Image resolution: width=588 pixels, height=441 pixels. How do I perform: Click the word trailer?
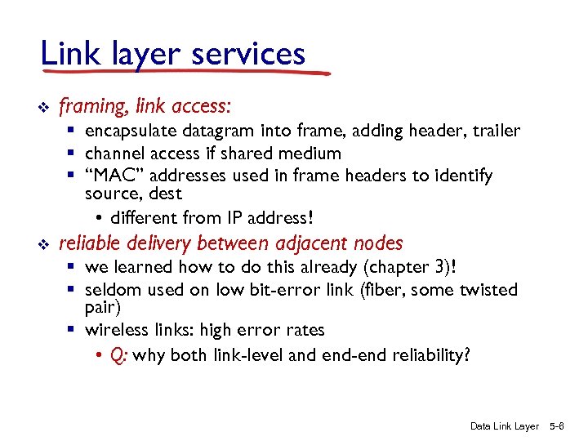pyautogui.click(x=493, y=131)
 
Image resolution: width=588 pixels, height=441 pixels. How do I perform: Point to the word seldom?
pyautogui.click(x=110, y=289)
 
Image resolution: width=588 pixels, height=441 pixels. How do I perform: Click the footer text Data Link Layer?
pyautogui.click(x=505, y=425)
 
